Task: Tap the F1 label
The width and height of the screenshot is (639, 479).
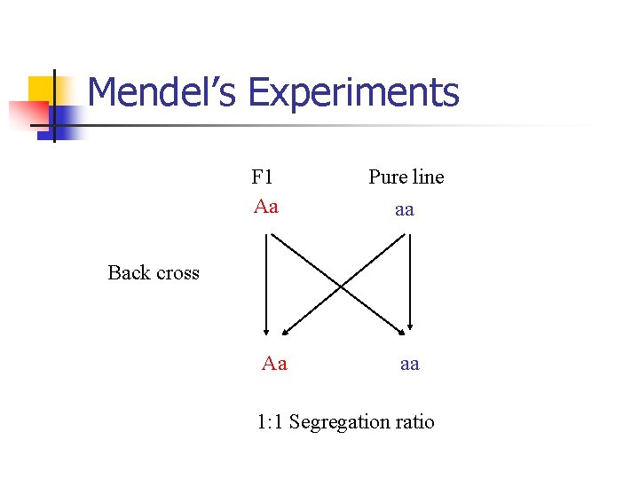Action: [x=262, y=177]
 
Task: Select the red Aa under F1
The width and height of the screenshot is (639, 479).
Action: [x=265, y=207]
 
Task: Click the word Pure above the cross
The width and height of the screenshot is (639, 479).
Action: [x=388, y=177]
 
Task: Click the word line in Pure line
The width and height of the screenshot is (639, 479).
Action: [x=427, y=177]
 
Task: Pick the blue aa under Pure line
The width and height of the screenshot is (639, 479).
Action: [x=405, y=210]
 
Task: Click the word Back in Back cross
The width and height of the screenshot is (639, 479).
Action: [x=129, y=272]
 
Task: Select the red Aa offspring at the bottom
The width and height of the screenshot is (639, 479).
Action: [x=274, y=364]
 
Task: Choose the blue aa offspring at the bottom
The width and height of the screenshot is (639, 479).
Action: [x=409, y=364]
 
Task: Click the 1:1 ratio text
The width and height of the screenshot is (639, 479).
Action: [x=270, y=422]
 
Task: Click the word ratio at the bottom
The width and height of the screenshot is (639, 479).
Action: [x=415, y=422]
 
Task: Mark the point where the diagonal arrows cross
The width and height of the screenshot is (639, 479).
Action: [x=340, y=285]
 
